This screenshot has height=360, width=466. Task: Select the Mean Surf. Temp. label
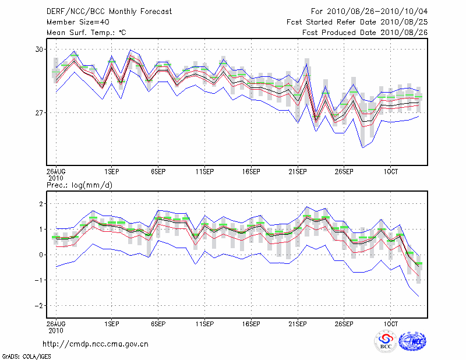tap(86, 33)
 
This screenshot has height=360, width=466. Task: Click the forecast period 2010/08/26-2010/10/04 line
tap(369, 11)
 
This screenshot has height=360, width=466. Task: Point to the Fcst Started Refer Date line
tap(357, 22)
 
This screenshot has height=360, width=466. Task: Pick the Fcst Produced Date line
tap(365, 33)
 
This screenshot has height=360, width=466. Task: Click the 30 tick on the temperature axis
tap(40, 50)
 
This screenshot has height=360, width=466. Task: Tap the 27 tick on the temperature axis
tap(40, 112)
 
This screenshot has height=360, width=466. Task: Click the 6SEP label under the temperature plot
tap(157, 172)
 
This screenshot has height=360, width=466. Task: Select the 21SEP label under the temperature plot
tap(297, 172)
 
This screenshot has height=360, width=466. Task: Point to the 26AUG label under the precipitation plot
tap(56, 322)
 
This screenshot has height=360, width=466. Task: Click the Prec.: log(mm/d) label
tap(79, 185)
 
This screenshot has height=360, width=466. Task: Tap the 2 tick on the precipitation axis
tap(41, 204)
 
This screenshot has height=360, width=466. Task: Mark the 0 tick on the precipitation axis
tap(41, 255)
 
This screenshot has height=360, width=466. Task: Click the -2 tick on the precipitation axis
tap(40, 305)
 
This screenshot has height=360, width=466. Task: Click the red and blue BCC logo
tap(385, 341)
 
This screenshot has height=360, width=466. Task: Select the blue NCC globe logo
tap(412, 341)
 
